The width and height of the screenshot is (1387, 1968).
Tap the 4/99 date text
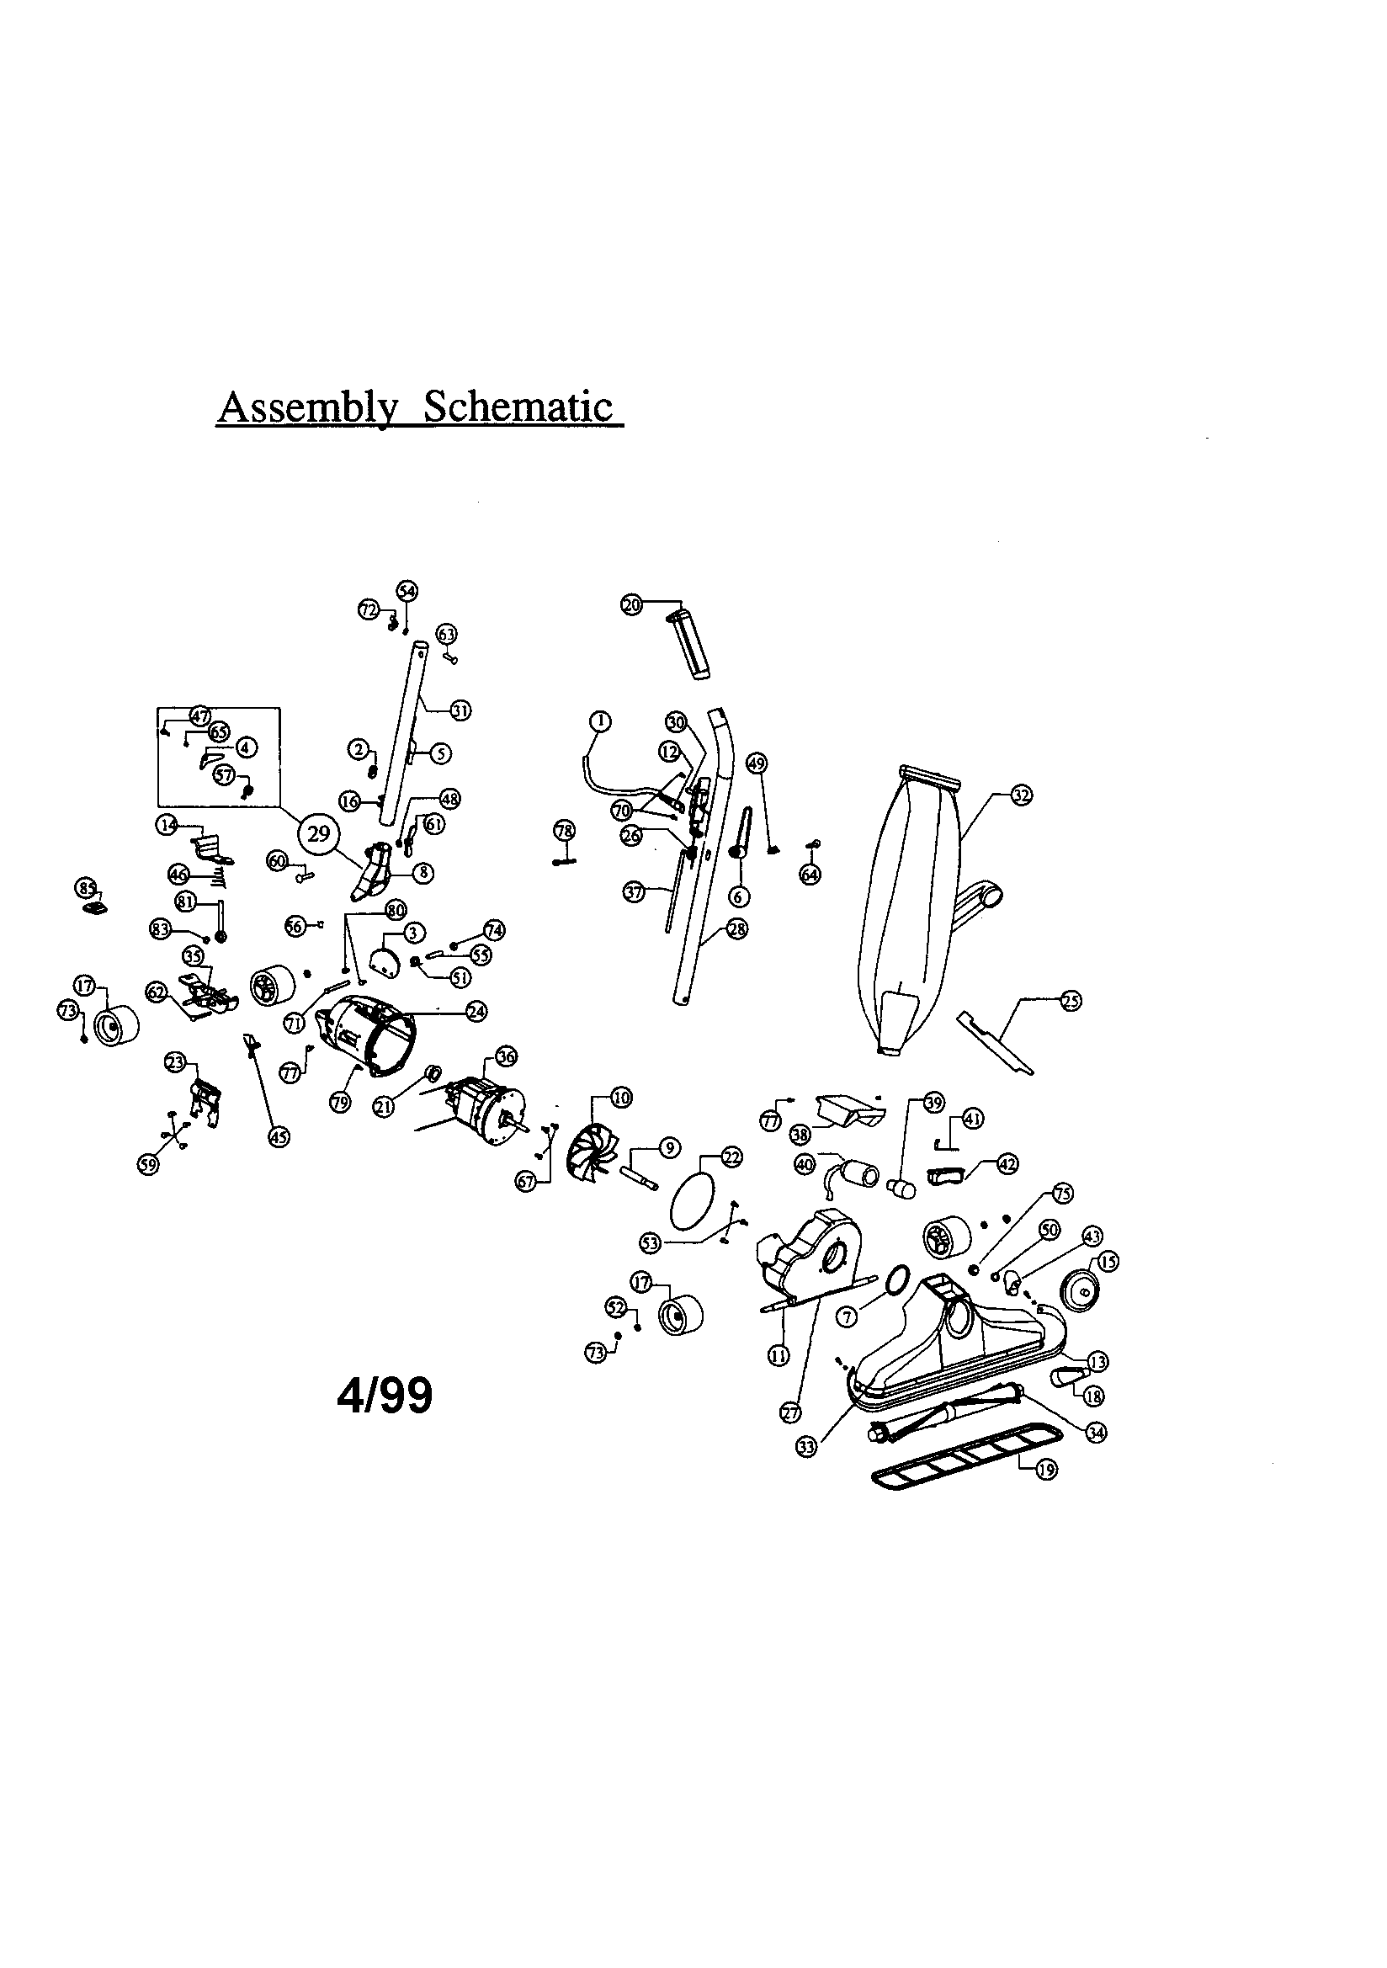pyautogui.click(x=385, y=1397)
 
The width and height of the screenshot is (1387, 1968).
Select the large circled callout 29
pyautogui.click(x=318, y=834)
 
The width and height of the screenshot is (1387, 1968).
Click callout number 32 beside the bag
pyautogui.click(x=1021, y=795)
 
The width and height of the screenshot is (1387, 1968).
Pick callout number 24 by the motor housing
pyautogui.click(x=476, y=1012)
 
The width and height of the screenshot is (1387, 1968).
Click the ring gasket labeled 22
pyautogui.click(x=691, y=1194)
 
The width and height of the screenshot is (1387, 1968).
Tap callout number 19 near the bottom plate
pyautogui.click(x=1047, y=1469)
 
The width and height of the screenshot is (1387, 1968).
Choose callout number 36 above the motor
pyautogui.click(x=506, y=1057)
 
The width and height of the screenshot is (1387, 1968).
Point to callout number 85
pyautogui.click(x=87, y=888)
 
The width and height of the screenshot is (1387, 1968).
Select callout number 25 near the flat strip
pyautogui.click(x=1071, y=1000)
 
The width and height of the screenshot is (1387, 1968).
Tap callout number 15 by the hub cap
pyautogui.click(x=1108, y=1262)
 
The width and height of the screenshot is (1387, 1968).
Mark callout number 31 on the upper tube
pyautogui.click(x=460, y=710)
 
